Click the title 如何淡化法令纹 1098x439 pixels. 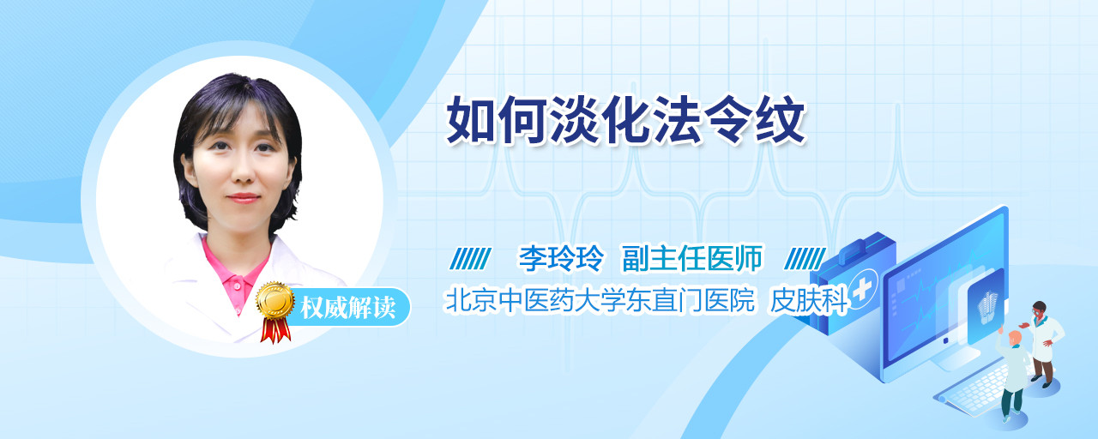coord(626,120)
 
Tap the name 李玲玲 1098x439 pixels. coord(562,258)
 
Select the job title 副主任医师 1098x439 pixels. coord(692,258)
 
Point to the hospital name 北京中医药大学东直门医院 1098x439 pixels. coord(600,300)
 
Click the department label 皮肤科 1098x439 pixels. coord(809,300)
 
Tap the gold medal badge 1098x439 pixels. coord(275,300)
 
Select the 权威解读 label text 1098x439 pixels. coord(347,308)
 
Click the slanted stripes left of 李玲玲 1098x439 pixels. coord(470,259)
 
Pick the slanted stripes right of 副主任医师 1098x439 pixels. coord(805,259)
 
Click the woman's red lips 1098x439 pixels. coord(243,198)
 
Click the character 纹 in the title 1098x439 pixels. coord(780,120)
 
